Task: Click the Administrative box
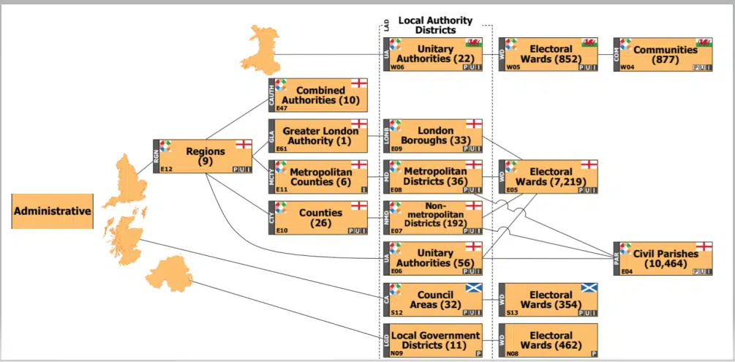(53, 211)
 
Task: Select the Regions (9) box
(205, 157)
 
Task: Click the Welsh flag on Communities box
(704, 42)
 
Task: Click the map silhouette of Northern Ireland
(167, 274)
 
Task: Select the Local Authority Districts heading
(434, 26)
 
